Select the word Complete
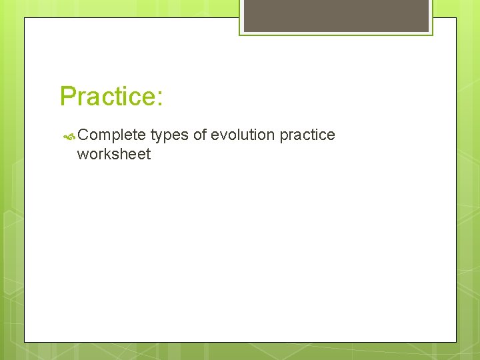[x=111, y=135]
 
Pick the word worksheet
[x=114, y=155]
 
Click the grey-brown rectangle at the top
[x=336, y=15]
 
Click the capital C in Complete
[x=83, y=135]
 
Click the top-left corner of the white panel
[x=25, y=18]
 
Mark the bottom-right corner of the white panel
[x=456, y=342]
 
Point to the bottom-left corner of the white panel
[x=25, y=342]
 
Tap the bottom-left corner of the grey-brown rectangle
[x=244, y=31]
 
